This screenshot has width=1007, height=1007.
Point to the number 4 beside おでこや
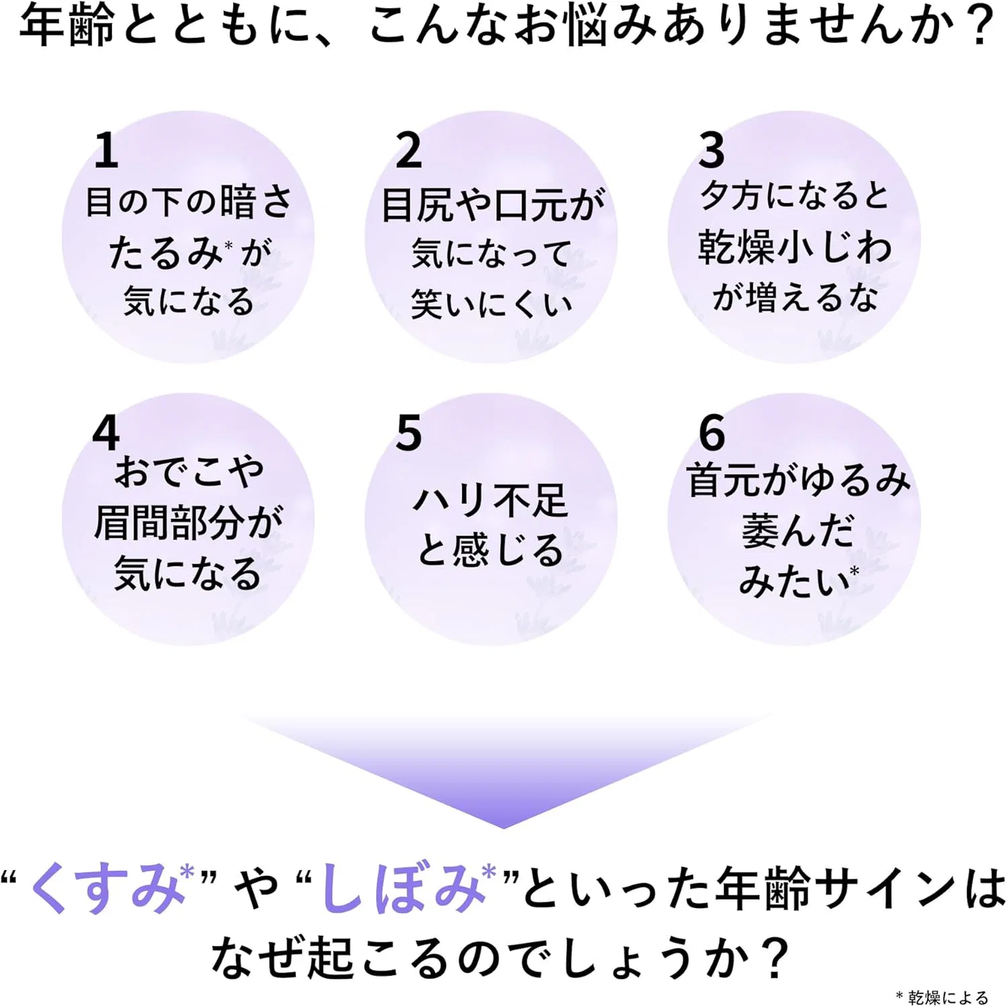(106, 433)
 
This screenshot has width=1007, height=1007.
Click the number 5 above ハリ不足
(409, 433)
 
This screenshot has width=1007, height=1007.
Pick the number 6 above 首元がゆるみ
(712, 433)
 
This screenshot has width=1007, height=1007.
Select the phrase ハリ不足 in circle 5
(491, 500)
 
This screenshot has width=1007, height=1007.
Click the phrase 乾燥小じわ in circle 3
(795, 247)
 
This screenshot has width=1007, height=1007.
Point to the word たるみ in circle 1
(165, 253)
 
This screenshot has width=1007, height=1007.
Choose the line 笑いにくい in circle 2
(491, 304)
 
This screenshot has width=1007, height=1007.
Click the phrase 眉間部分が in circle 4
(189, 522)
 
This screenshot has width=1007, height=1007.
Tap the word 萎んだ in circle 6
(798, 531)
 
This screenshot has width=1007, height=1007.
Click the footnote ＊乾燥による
(942, 997)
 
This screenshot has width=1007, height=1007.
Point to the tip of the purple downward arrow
(503, 828)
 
